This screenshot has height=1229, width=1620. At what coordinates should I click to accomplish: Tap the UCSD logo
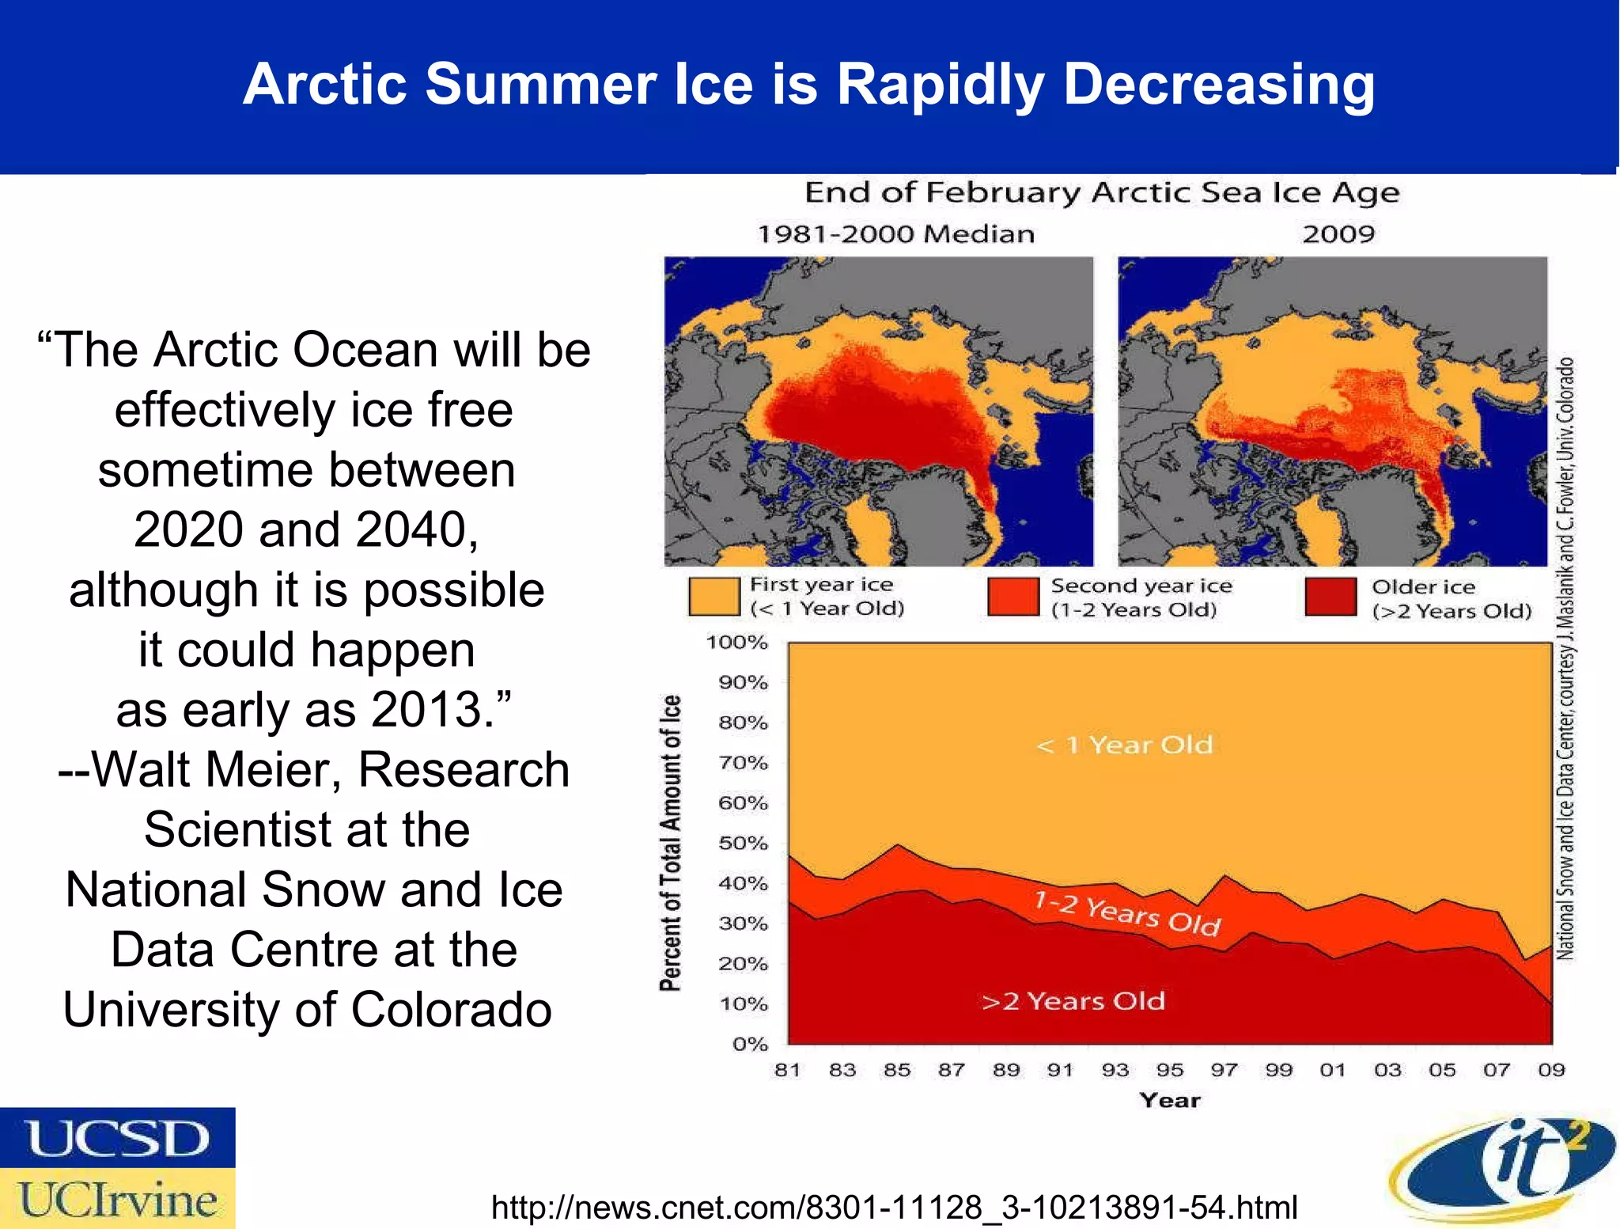(x=117, y=1138)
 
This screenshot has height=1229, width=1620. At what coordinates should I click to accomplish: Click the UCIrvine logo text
(x=117, y=1200)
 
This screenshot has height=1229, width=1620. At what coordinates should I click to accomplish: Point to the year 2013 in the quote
(x=428, y=709)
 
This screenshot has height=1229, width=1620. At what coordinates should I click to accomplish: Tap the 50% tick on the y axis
(x=743, y=843)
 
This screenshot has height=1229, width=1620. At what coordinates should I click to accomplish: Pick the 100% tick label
(x=736, y=642)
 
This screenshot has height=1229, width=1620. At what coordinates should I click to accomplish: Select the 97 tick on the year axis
(x=1224, y=1070)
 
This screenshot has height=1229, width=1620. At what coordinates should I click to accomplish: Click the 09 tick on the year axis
(x=1551, y=1070)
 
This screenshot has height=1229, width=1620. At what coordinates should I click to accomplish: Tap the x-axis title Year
(x=1169, y=1100)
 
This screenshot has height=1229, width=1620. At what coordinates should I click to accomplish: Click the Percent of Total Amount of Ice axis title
(x=670, y=843)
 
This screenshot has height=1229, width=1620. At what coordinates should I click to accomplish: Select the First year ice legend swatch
(x=713, y=596)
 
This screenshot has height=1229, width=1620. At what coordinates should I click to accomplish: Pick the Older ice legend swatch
(x=1330, y=597)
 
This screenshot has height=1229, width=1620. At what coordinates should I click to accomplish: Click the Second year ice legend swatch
(x=1013, y=596)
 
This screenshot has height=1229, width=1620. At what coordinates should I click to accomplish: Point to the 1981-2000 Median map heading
(x=895, y=234)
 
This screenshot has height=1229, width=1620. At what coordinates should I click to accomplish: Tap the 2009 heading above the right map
(x=1338, y=234)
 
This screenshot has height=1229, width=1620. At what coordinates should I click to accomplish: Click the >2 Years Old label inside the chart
(x=1073, y=1001)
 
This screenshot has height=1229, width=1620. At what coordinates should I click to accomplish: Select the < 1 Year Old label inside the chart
(x=1124, y=745)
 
